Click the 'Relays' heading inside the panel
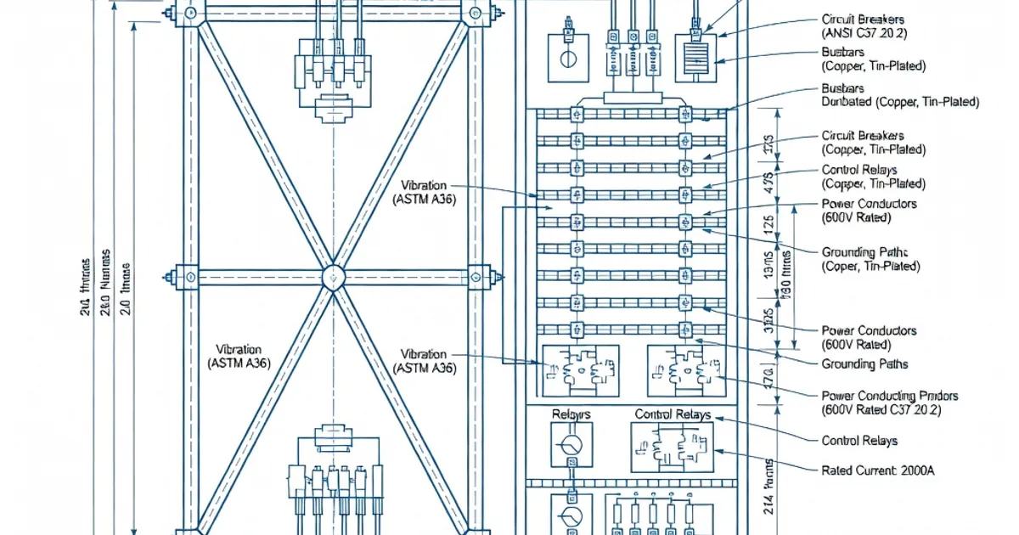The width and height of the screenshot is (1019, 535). pyautogui.click(x=571, y=414)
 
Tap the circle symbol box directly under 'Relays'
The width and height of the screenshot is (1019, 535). pyautogui.click(x=571, y=445)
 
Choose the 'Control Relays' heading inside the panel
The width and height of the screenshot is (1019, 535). pyautogui.click(x=673, y=414)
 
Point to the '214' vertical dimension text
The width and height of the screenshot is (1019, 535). pyautogui.click(x=769, y=493)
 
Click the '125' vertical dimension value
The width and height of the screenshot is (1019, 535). pyautogui.click(x=768, y=225)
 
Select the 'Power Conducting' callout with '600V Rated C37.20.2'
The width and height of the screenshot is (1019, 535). pyautogui.click(x=890, y=403)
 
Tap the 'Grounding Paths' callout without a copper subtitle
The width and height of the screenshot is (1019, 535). pyautogui.click(x=864, y=364)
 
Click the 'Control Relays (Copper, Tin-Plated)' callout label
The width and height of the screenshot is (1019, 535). pyautogui.click(x=873, y=177)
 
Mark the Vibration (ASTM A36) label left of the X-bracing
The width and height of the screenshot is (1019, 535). pyautogui.click(x=239, y=356)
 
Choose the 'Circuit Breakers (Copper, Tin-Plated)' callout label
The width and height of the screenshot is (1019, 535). pyautogui.click(x=873, y=143)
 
